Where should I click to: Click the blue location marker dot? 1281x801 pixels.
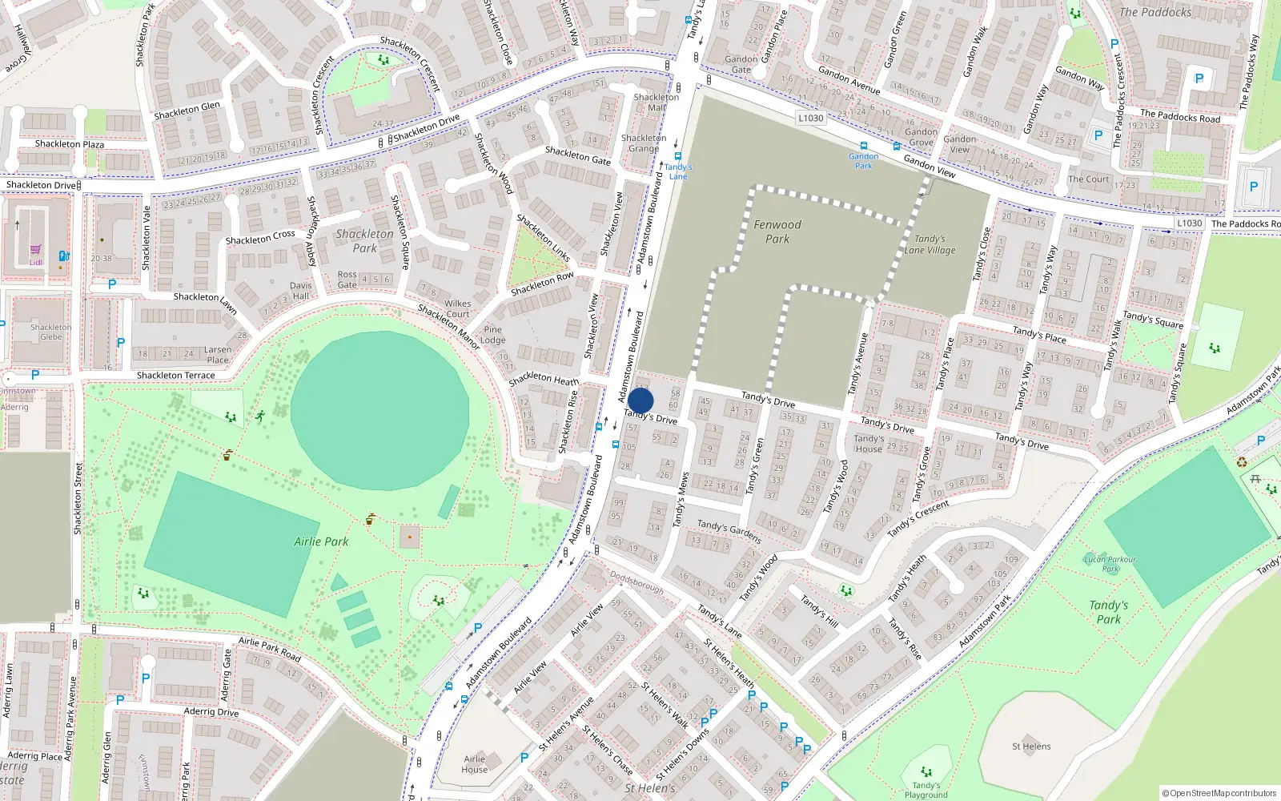click(x=640, y=400)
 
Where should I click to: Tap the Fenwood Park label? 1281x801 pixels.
click(x=777, y=231)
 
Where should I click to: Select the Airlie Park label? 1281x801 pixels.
click(x=321, y=541)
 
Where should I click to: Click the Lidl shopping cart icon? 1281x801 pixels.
click(x=36, y=250)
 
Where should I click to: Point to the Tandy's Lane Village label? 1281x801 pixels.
click(x=930, y=244)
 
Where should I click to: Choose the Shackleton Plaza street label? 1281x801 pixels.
click(x=70, y=144)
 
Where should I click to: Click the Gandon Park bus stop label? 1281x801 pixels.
click(x=863, y=161)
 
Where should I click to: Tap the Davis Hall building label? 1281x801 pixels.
click(x=301, y=291)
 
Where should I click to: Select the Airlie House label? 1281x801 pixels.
click(x=474, y=764)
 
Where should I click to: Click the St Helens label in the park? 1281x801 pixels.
click(x=1031, y=747)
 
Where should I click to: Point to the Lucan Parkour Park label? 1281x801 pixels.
click(x=1110, y=564)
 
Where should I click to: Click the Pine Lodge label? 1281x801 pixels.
click(x=493, y=335)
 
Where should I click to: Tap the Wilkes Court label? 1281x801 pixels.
click(x=458, y=308)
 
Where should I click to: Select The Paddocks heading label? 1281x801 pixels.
click(x=1155, y=12)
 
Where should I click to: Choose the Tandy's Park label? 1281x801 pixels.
click(x=1109, y=612)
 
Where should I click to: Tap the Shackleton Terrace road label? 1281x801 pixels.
click(x=175, y=375)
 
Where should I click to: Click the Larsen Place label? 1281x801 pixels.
click(x=218, y=355)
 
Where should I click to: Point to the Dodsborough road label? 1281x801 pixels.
click(x=636, y=582)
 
